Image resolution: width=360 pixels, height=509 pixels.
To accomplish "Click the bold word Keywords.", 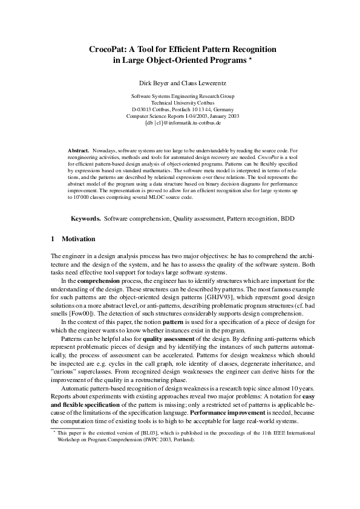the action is (87, 217).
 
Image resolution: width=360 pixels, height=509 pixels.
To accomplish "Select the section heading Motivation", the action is (79, 239).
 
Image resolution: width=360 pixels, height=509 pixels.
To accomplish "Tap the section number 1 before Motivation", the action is (53, 239).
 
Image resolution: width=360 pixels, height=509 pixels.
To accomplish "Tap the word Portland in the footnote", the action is (183, 440).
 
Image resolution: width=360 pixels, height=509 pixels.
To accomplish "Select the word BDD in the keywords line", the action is (287, 217).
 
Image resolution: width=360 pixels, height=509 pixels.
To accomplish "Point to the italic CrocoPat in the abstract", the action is (267, 155).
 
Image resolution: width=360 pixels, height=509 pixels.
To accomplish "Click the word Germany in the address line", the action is (223, 109).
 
